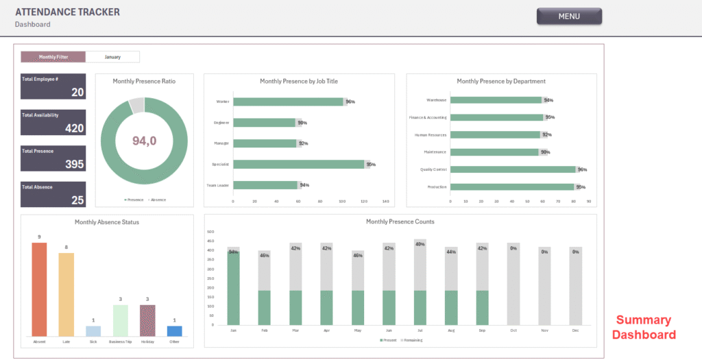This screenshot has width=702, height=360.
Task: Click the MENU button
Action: [x=569, y=16]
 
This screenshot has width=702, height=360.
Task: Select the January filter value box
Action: [x=112, y=57]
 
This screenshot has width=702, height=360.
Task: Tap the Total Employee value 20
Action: [x=77, y=93]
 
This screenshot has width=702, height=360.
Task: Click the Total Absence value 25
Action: [x=77, y=200]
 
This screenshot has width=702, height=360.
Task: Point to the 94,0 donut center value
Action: [x=144, y=141]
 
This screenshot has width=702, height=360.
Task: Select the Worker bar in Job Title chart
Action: [x=288, y=101]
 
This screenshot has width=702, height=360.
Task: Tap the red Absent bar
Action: [x=39, y=289]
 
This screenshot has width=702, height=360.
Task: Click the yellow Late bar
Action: [x=66, y=294]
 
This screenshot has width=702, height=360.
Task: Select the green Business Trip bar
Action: [x=121, y=320]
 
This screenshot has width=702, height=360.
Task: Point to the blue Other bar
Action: [x=175, y=331]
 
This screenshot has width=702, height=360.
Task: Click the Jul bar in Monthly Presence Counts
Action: [x=420, y=282]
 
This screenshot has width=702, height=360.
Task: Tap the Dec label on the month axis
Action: [x=575, y=331]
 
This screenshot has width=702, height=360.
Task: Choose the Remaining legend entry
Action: [x=413, y=340]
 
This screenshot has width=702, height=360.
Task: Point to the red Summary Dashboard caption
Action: [x=643, y=327]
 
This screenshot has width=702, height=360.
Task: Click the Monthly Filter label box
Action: [x=53, y=57]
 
